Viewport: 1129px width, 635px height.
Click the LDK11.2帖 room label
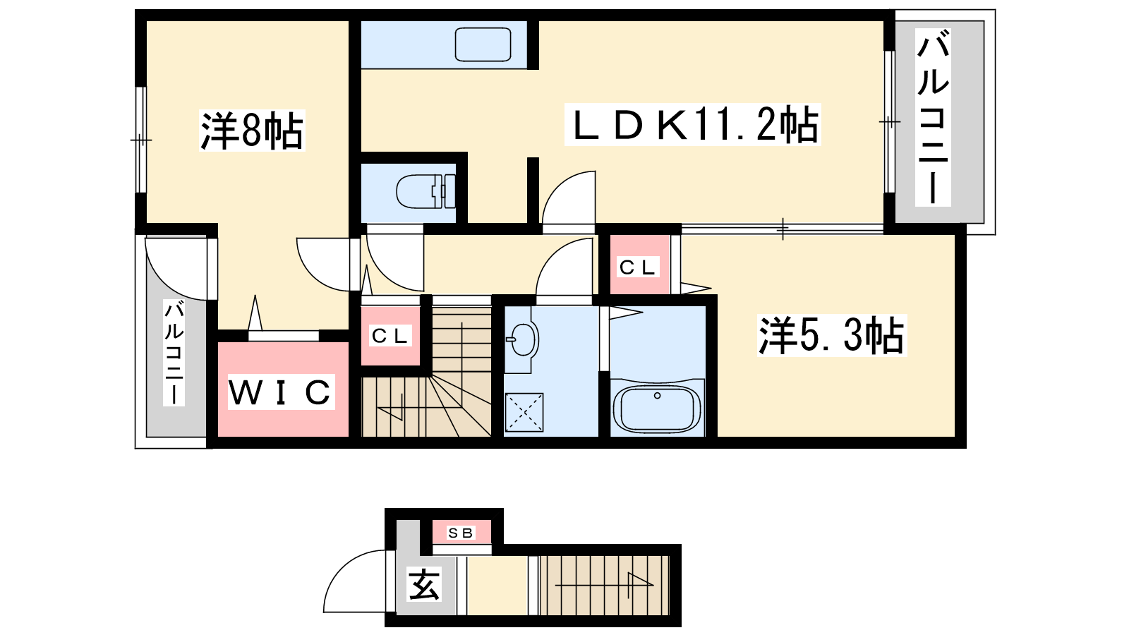693,124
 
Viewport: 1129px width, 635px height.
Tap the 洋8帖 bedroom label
252,130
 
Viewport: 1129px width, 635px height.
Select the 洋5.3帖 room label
832,335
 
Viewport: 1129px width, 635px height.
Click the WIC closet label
282,392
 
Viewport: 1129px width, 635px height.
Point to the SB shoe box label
461,533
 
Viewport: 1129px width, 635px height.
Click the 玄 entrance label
424,584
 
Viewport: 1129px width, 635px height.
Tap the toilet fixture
426,191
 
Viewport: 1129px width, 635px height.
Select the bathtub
657,409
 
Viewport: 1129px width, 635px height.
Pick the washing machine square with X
524,412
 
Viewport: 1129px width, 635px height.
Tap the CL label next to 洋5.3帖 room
638,267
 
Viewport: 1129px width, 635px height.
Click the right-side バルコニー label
933,117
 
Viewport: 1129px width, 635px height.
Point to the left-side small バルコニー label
174,352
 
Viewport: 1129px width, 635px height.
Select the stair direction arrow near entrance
605,585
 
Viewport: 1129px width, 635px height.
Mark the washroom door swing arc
552,257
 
